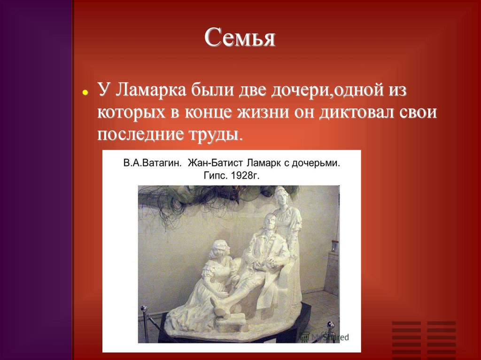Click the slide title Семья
(240, 38)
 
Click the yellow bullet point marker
(85, 93)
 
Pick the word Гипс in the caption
(214, 176)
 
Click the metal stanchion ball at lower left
(144, 309)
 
